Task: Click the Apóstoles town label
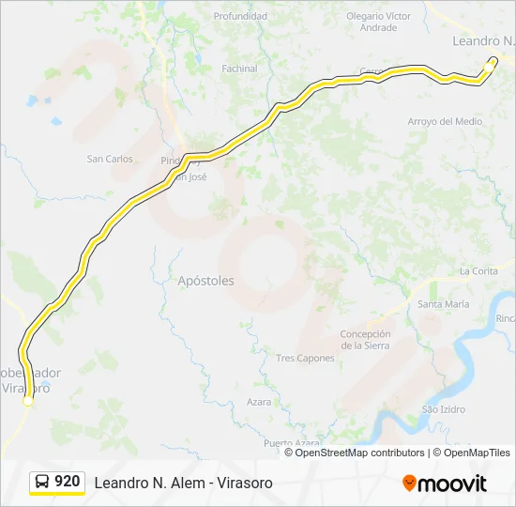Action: pyautogui.click(x=205, y=281)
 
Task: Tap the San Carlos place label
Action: pyautogui.click(x=110, y=159)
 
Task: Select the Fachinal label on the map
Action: pyautogui.click(x=239, y=69)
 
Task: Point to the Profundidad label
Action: pyautogui.click(x=247, y=16)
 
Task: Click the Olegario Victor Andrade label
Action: pyautogui.click(x=378, y=22)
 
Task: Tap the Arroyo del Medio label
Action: pyautogui.click(x=445, y=122)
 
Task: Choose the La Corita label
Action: pyautogui.click(x=478, y=271)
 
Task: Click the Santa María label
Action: pyautogui.click(x=444, y=304)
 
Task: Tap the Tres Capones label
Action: pyautogui.click(x=305, y=359)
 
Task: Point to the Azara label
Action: pyautogui.click(x=259, y=402)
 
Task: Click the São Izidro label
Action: pyautogui.click(x=444, y=409)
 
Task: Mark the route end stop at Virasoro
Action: pyautogui.click(x=28, y=401)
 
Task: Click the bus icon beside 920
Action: pyautogui.click(x=42, y=482)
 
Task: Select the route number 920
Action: pyautogui.click(x=68, y=482)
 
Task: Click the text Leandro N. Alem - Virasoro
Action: pyautogui.click(x=183, y=483)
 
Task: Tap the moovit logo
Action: pyautogui.click(x=445, y=484)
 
